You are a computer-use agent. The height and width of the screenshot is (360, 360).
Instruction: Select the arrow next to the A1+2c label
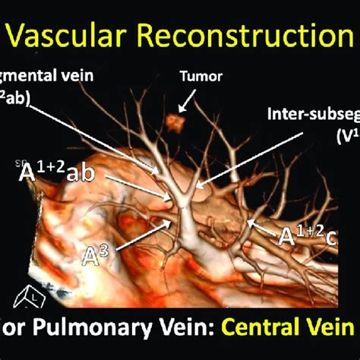262,226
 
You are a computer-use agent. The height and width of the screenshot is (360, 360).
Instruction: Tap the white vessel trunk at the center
185,228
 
